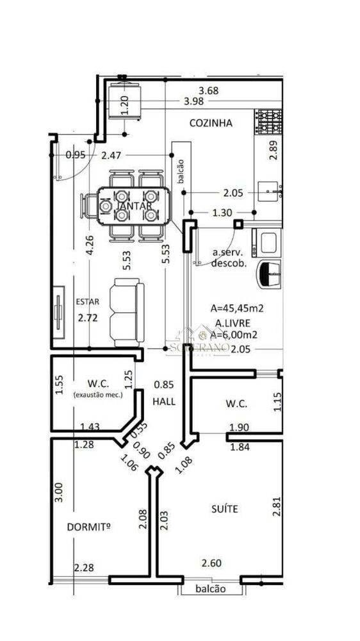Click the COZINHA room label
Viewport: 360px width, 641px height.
[x=210, y=123]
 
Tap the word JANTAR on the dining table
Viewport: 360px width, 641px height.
[x=135, y=206]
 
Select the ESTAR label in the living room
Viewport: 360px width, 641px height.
[x=88, y=302]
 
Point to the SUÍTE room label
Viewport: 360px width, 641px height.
[x=224, y=508]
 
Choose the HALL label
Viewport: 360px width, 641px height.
[x=164, y=401]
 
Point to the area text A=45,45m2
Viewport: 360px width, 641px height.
[x=237, y=308]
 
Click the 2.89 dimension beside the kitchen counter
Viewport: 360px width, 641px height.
[x=274, y=149]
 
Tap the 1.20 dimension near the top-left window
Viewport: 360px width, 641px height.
[x=125, y=104]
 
